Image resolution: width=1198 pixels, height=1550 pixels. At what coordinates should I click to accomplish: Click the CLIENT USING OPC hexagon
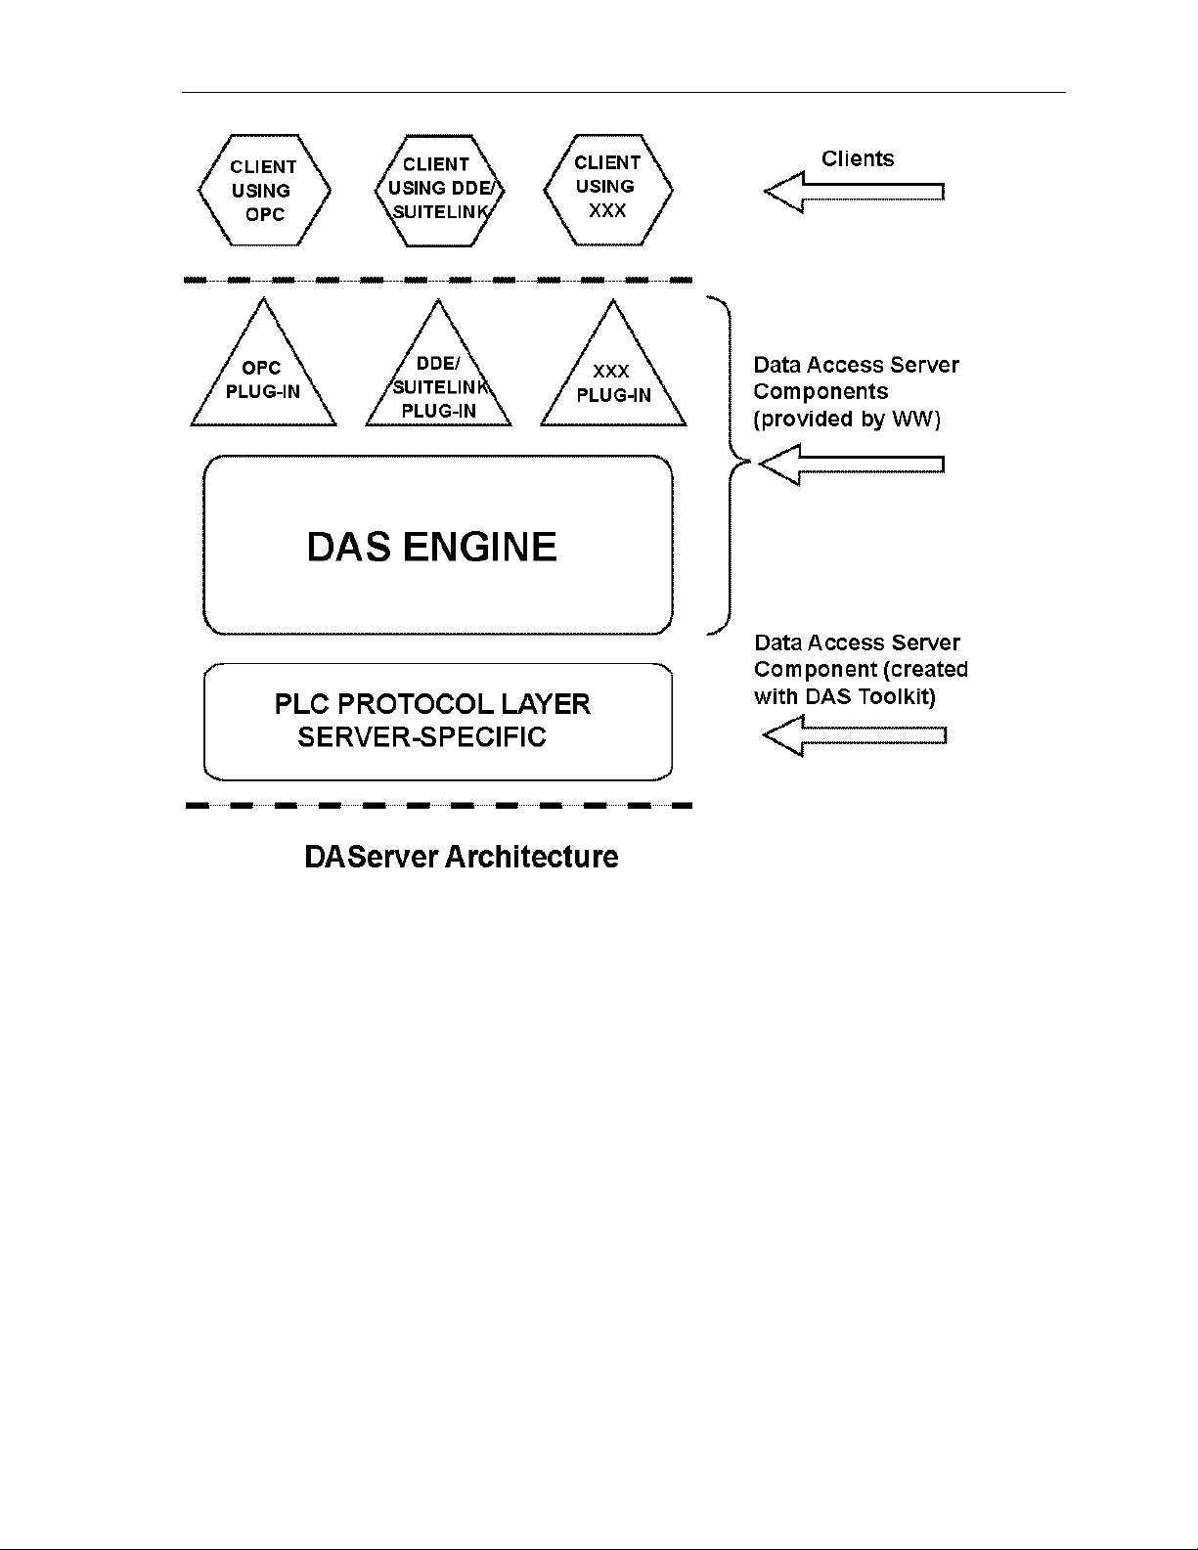(x=265, y=191)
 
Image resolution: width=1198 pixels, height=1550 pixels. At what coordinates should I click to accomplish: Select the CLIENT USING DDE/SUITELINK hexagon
(x=439, y=191)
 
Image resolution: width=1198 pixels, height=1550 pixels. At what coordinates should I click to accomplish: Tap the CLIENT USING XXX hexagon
(x=608, y=190)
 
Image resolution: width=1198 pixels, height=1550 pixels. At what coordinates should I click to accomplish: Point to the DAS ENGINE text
(x=431, y=547)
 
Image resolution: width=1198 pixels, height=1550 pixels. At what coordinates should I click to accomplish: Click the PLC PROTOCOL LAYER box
(x=438, y=722)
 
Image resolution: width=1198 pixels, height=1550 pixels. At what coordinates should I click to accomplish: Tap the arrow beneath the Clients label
(x=855, y=192)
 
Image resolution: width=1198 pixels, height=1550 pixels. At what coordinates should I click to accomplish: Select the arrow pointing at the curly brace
(x=852, y=465)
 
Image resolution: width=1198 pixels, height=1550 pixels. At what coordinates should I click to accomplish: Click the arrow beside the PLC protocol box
(x=855, y=736)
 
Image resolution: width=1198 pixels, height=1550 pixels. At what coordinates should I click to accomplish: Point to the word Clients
(x=857, y=158)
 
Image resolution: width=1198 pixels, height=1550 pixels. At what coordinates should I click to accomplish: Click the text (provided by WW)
(x=847, y=419)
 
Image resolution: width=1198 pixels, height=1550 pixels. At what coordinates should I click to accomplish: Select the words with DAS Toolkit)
(x=845, y=696)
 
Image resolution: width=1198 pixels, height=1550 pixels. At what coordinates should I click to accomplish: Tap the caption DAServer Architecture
(x=462, y=857)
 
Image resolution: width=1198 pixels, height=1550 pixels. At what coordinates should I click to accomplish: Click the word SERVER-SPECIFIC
(x=422, y=736)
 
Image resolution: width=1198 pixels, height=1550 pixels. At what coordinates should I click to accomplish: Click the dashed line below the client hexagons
(x=438, y=281)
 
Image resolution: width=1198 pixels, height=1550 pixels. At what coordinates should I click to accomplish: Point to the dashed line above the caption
(x=438, y=805)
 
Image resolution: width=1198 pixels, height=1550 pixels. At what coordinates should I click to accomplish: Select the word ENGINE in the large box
(x=479, y=547)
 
